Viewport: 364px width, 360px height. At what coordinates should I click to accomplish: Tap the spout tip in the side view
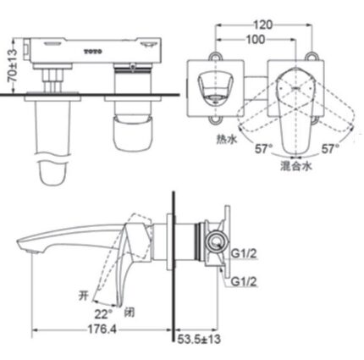click(22, 248)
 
